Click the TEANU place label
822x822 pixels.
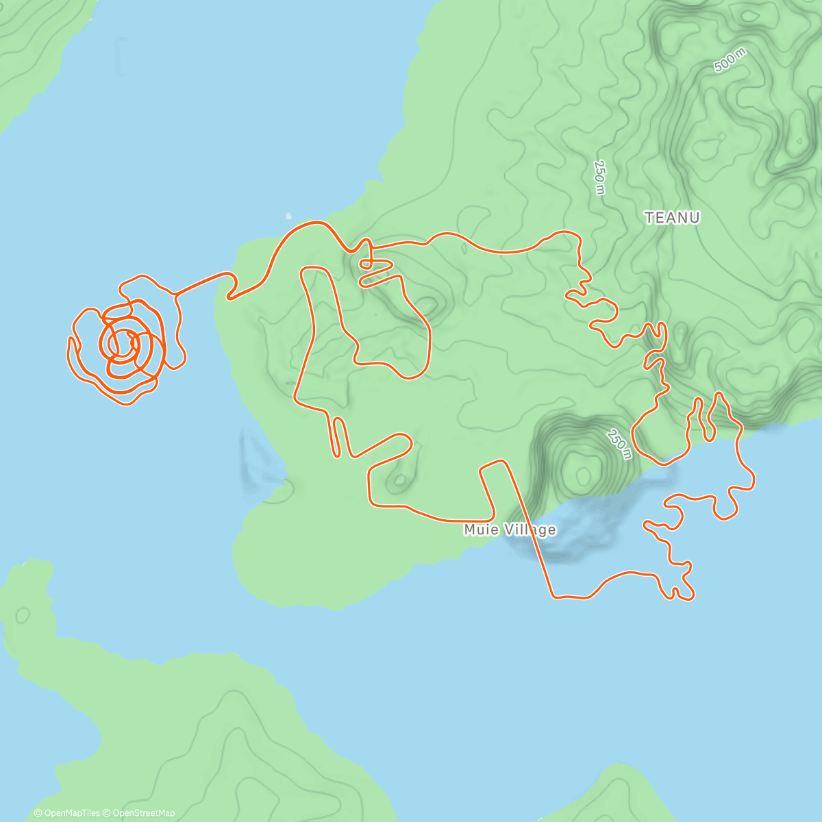click(672, 218)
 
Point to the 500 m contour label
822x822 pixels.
click(730, 61)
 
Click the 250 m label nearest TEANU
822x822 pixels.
click(599, 177)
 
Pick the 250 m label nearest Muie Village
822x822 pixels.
click(618, 443)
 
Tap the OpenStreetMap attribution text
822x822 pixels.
click(144, 813)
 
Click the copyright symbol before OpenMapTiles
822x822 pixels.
click(38, 813)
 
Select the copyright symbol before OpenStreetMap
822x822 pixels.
click(107, 813)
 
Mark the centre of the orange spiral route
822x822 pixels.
click(123, 342)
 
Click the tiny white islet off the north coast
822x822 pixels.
click(288, 215)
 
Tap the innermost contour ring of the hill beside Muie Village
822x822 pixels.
click(583, 474)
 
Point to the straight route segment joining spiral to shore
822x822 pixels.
click(202, 283)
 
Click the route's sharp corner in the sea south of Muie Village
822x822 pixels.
click(553, 597)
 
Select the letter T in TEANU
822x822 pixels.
click(649, 218)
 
